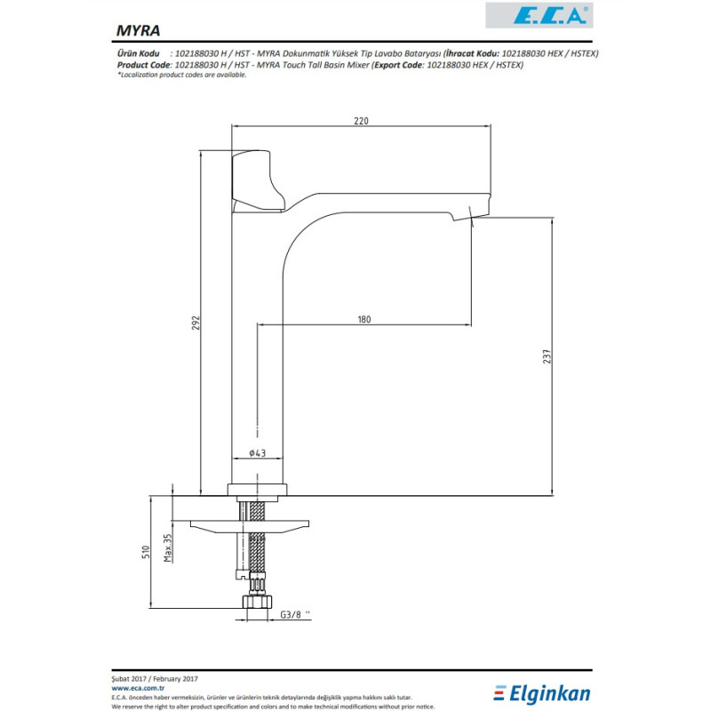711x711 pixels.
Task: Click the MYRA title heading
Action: [x=139, y=29]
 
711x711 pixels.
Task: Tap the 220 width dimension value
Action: [x=360, y=121]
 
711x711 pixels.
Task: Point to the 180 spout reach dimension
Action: [x=363, y=318]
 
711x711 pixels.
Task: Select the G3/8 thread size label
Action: [x=294, y=615]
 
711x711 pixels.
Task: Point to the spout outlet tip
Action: [x=471, y=218]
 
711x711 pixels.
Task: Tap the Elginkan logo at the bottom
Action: [x=541, y=691]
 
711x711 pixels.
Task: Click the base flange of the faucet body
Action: [x=258, y=489]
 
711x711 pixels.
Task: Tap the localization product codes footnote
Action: [x=182, y=75]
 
